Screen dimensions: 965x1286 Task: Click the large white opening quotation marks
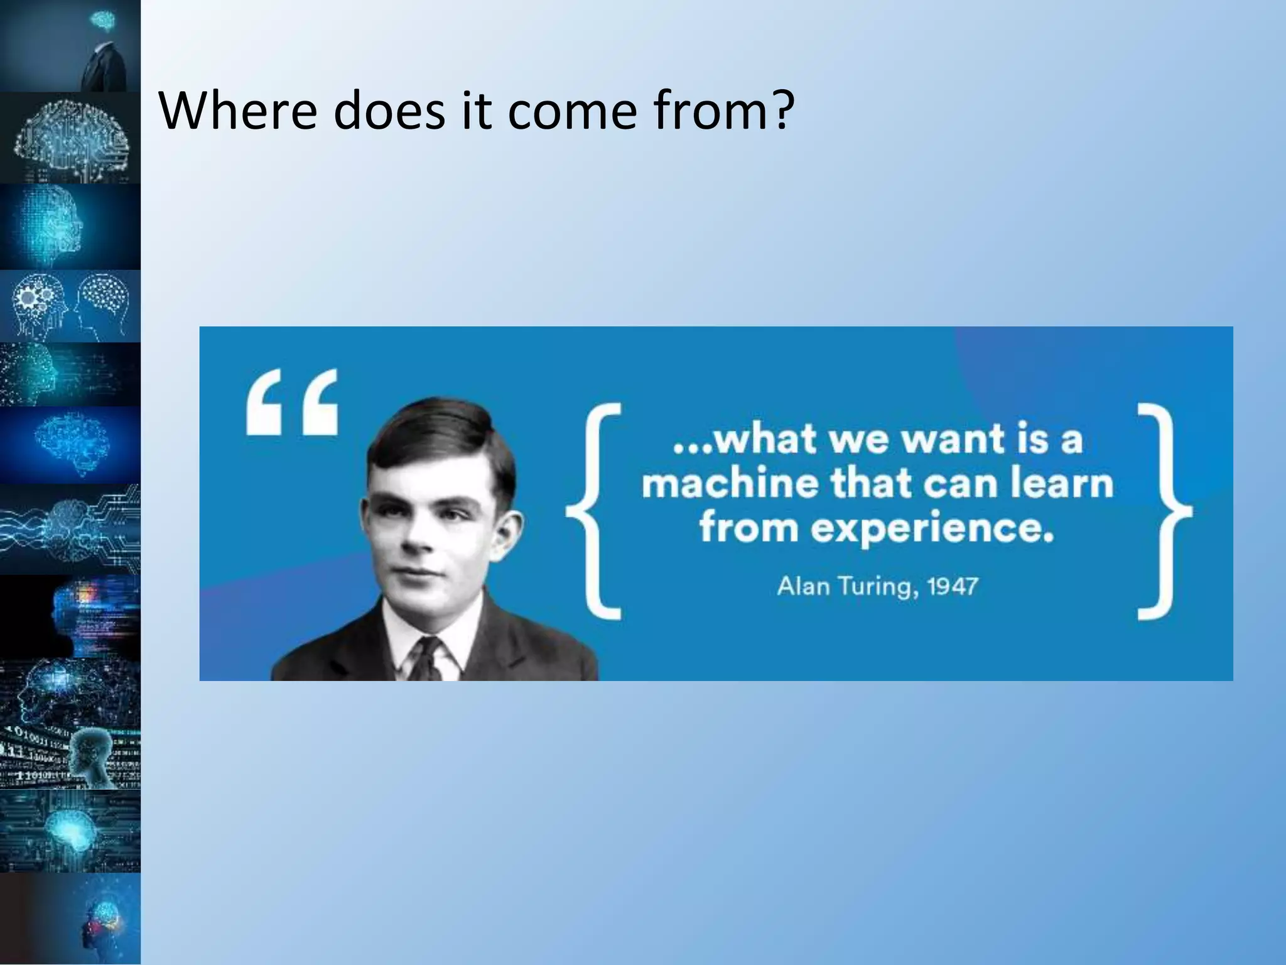click(293, 403)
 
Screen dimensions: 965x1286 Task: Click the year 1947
click(953, 586)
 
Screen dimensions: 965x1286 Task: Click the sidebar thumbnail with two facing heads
click(70, 307)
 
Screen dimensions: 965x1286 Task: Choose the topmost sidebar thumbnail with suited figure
click(70, 46)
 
